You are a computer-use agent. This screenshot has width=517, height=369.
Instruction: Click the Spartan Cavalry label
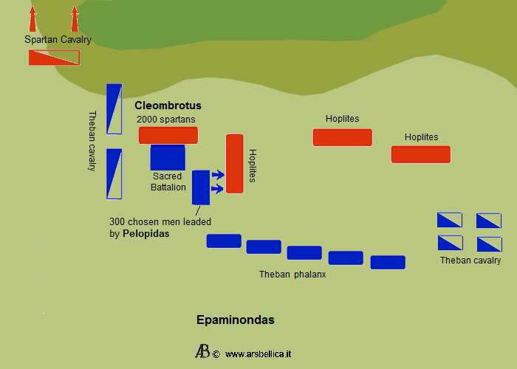pyautogui.click(x=58, y=40)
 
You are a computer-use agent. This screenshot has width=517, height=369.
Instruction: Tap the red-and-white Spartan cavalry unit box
pyautogui.click(x=54, y=58)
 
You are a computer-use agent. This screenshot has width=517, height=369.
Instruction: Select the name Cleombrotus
pyautogui.click(x=168, y=106)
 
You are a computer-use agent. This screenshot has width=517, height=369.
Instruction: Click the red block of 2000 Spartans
pyautogui.click(x=168, y=135)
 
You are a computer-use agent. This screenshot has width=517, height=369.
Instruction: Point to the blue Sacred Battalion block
pyautogui.click(x=168, y=158)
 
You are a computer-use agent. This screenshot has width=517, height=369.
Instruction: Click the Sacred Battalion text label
pyautogui.click(x=168, y=182)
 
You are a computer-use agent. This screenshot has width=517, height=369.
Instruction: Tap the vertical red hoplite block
pyautogui.click(x=234, y=164)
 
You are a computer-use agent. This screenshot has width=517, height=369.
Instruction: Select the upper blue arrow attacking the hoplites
pyautogui.click(x=217, y=175)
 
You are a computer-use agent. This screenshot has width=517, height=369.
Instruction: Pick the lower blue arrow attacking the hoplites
pyautogui.click(x=217, y=190)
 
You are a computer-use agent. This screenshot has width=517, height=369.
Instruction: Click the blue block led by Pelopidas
pyautogui.click(x=201, y=187)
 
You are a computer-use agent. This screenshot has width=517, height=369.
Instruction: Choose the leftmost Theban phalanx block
pyautogui.click(x=224, y=241)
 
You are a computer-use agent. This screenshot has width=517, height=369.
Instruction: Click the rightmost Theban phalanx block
pyautogui.click(x=388, y=262)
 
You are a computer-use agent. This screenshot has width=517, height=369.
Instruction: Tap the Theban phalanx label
pyautogui.click(x=292, y=275)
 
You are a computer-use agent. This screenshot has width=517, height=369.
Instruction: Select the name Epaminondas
pyautogui.click(x=236, y=320)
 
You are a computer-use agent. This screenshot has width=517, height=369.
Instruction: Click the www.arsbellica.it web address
pyautogui.click(x=258, y=354)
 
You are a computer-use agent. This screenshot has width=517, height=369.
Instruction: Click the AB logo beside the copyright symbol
pyautogui.click(x=202, y=352)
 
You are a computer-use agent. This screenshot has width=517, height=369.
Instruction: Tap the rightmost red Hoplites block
pyautogui.click(x=421, y=154)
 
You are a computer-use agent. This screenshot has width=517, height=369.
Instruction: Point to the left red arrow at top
pyautogui.click(x=32, y=18)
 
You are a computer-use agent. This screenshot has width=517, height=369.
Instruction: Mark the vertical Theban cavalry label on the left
pyautogui.click(x=92, y=141)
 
